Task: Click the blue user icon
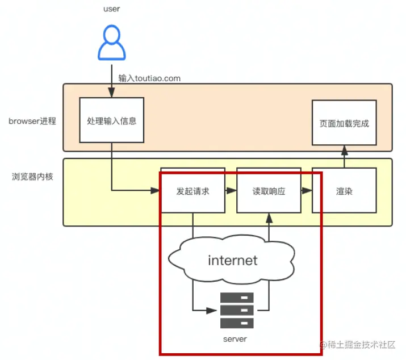pos(112,44)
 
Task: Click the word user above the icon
pos(112,9)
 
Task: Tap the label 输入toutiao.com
pos(149,78)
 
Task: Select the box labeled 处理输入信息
pos(111,120)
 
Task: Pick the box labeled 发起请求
pos(193,191)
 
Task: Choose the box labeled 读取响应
pos(269,191)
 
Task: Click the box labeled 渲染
pos(344,191)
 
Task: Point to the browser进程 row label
pos(32,121)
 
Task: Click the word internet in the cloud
pos(233,261)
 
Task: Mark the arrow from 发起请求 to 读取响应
pos(231,191)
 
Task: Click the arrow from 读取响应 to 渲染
pos(307,191)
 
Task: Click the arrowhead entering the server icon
pos(214,311)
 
